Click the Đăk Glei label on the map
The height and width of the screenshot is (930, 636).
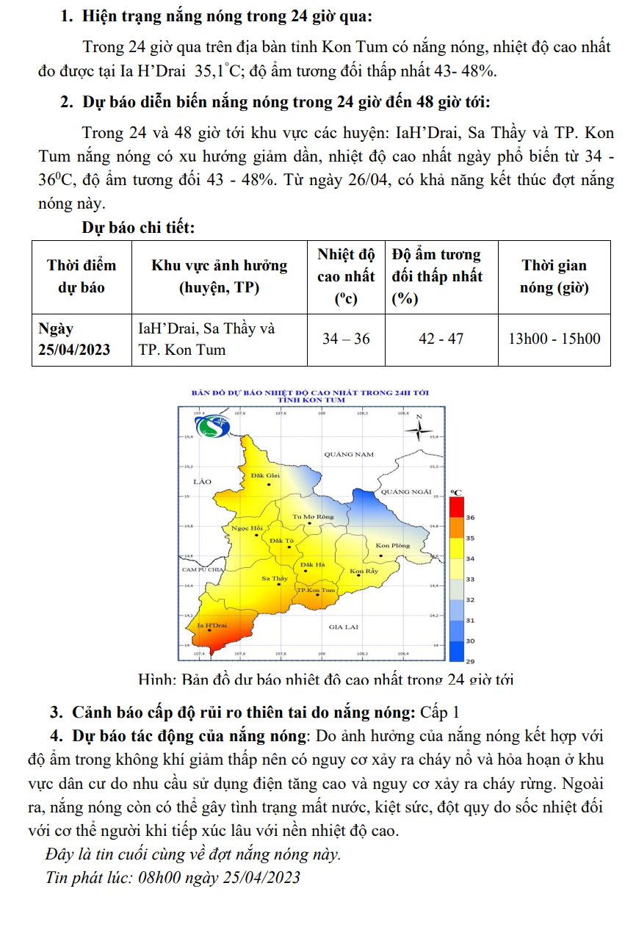[265, 476]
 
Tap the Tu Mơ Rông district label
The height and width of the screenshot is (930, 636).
[313, 516]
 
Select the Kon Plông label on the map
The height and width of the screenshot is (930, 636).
[393, 545]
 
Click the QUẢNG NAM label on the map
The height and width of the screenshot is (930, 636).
[349, 455]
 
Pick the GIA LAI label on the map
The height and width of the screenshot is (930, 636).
[344, 627]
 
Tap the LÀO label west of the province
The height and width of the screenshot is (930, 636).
[201, 482]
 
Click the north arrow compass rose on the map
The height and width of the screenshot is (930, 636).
[418, 430]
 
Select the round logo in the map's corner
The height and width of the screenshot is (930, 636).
[219, 426]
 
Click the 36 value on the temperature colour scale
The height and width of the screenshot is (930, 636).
[471, 518]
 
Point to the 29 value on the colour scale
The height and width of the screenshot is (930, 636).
[471, 661]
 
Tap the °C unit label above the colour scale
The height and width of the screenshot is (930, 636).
[455, 491]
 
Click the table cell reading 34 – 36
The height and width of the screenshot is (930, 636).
[346, 339]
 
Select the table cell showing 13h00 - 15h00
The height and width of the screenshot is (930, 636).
[554, 339]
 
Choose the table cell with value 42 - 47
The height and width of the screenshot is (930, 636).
[440, 339]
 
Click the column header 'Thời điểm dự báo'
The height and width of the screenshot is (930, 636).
[81, 276]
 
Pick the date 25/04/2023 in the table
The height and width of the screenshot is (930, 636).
[74, 350]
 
